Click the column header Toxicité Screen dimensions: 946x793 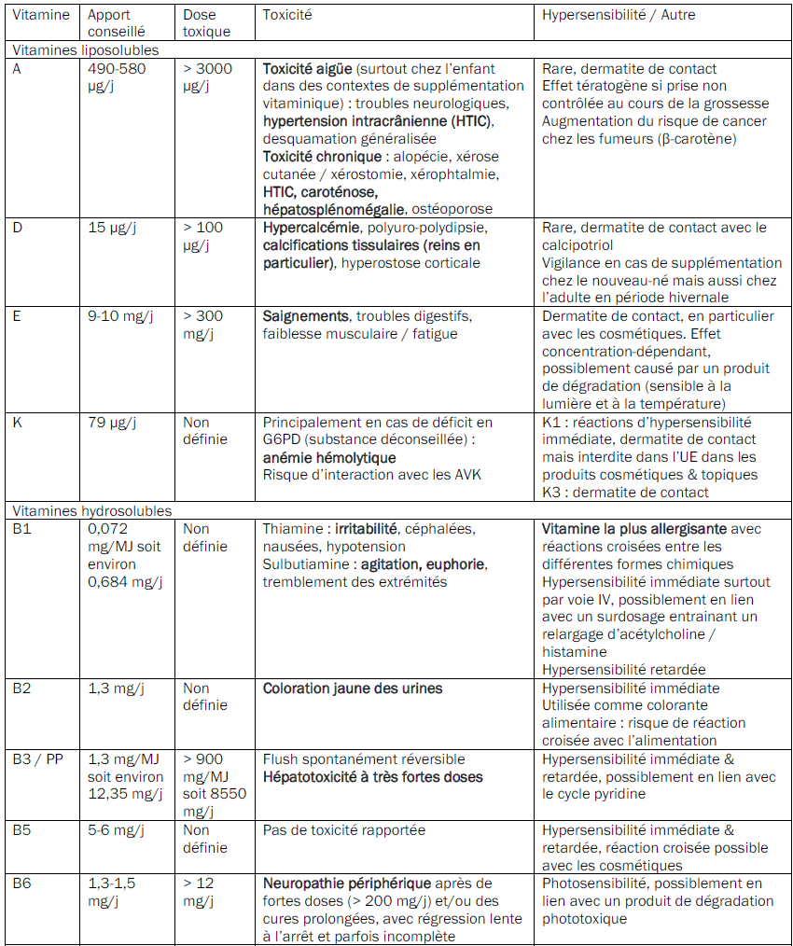(287, 15)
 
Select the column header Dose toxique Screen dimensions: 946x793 (206, 23)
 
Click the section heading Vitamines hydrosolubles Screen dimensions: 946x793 (90, 510)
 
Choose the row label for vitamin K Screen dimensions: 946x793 (18, 423)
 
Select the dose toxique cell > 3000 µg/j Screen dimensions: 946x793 (207, 77)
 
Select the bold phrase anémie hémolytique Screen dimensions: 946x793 (328, 458)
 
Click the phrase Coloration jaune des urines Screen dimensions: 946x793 (353, 689)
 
